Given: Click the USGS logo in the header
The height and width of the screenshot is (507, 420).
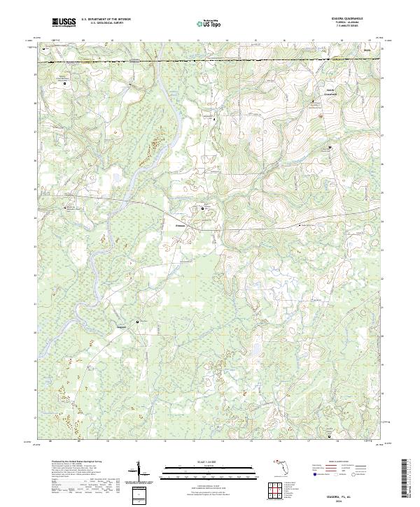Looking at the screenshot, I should click(x=64, y=22).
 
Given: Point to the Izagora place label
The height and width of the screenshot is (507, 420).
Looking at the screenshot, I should click(x=120, y=327).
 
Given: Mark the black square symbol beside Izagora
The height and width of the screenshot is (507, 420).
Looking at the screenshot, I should click(x=128, y=322).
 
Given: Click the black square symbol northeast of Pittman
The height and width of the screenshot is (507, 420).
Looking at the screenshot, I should click(x=204, y=208).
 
